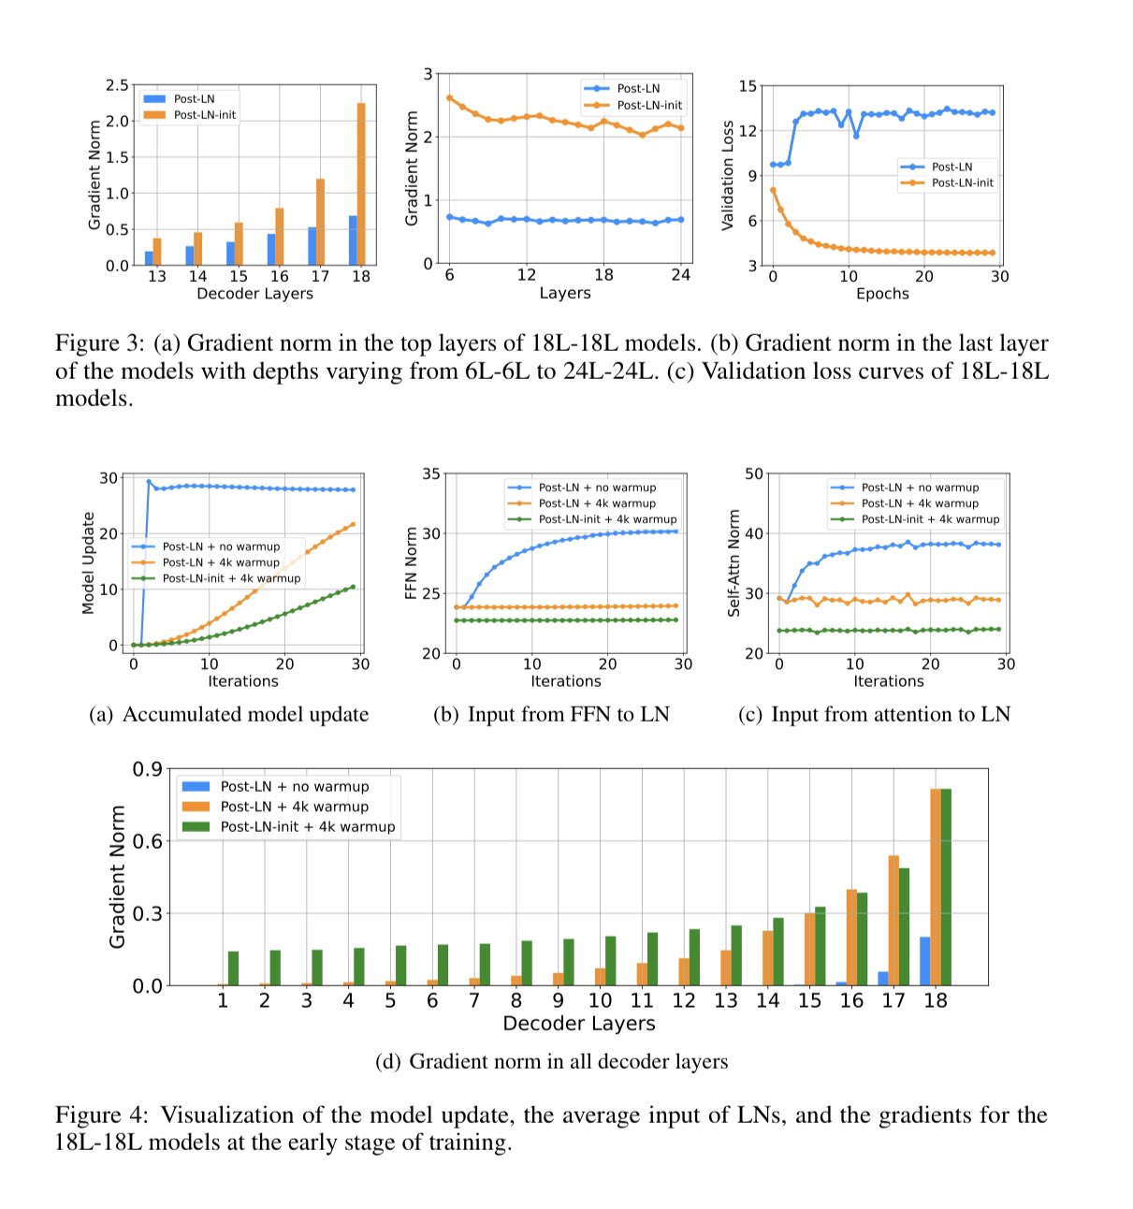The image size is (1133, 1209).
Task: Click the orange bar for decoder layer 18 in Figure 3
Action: tap(361, 184)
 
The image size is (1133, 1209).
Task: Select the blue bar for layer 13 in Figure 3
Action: tap(149, 258)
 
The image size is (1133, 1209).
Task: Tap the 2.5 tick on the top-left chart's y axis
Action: tap(117, 85)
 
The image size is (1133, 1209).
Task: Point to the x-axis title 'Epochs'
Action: tap(882, 294)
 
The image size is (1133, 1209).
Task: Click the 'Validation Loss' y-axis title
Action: tap(727, 175)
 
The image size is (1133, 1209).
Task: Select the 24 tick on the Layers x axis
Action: tap(680, 275)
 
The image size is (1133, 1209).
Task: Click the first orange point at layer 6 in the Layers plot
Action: tap(450, 97)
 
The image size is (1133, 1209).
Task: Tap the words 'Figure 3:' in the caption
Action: tap(102, 343)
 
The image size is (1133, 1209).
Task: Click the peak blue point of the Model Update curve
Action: tap(149, 482)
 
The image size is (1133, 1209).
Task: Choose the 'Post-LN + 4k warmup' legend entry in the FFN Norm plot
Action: tap(596, 503)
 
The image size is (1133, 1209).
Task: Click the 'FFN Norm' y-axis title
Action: tap(409, 562)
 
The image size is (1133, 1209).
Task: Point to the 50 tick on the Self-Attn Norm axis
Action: tap(753, 473)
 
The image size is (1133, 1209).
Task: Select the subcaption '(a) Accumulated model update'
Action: tap(229, 715)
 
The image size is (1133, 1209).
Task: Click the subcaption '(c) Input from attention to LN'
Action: tap(874, 715)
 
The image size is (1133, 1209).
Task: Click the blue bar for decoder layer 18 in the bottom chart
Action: tap(924, 961)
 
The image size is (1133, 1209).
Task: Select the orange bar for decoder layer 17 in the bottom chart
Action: tap(893, 921)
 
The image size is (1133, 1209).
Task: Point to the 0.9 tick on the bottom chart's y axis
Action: tap(147, 769)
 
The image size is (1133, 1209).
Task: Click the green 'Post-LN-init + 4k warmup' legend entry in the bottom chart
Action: tap(307, 827)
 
